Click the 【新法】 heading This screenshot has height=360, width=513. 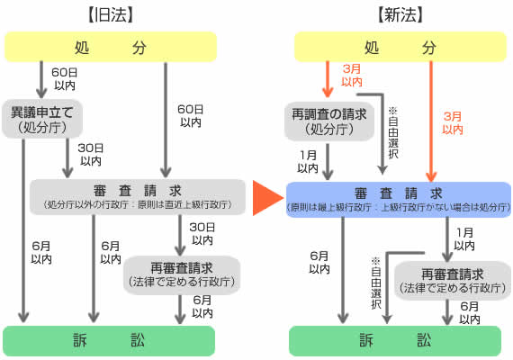click(400, 15)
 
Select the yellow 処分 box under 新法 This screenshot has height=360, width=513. click(400, 47)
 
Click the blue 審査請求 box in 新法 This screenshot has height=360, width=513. click(399, 198)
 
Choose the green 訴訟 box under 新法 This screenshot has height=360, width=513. click(400, 341)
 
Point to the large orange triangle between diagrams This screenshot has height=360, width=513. click(266, 199)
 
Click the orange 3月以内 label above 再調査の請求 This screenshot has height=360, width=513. click(350, 76)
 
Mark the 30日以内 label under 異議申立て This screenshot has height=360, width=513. click(91, 156)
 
